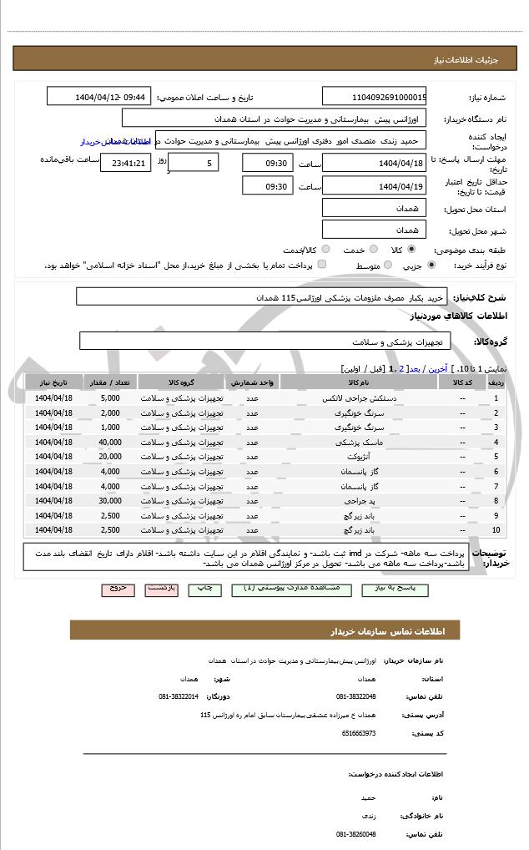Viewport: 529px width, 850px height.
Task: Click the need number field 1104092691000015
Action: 374,97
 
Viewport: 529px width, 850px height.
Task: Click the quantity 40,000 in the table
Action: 109,443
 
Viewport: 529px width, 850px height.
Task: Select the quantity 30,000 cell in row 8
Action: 109,500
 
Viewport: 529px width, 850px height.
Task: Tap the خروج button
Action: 118,589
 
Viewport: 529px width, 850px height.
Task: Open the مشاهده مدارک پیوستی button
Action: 296,589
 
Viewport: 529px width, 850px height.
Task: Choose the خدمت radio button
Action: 371,250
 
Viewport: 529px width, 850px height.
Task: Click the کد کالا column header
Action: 462,382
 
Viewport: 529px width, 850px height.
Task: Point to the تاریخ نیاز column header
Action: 54,382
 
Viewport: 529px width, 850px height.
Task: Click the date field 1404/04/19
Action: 374,186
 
